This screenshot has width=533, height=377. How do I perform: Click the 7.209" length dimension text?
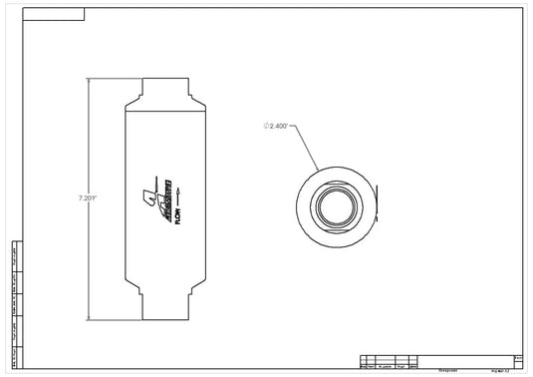coord(87,198)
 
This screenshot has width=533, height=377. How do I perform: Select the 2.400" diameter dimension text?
coord(278,127)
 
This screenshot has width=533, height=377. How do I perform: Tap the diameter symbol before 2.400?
coord(266,127)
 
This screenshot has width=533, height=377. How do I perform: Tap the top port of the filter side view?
coord(164,87)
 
